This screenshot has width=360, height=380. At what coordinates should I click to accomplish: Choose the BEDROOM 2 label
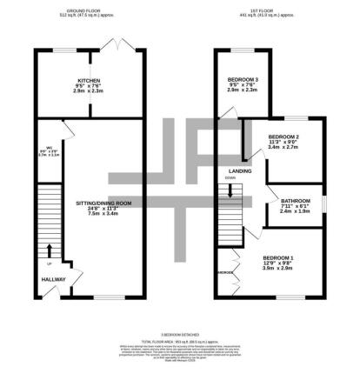[283, 137]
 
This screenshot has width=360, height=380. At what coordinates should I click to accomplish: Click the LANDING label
[240, 170]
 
